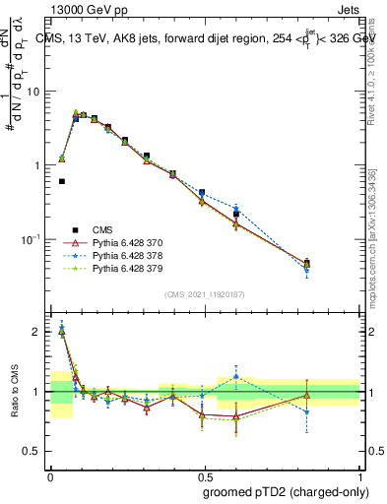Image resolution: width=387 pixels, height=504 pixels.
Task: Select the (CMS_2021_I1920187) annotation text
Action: pyautogui.click(x=205, y=294)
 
